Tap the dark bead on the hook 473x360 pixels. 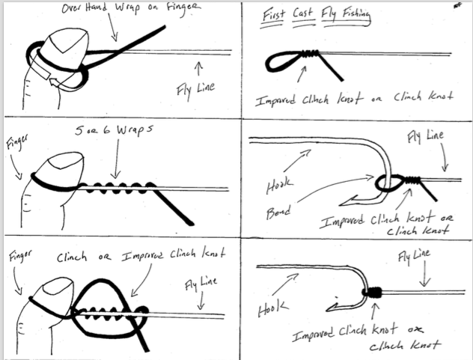[384, 183]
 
